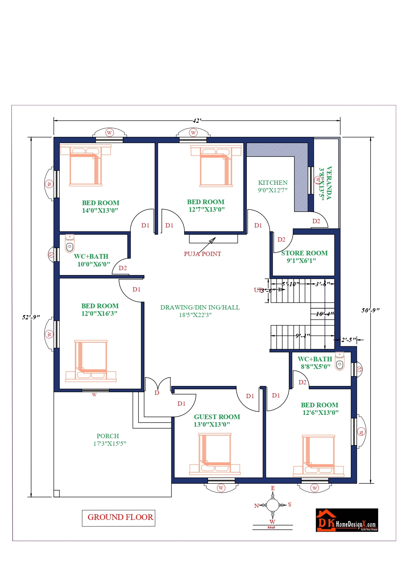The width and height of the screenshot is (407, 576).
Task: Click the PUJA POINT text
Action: (202, 254)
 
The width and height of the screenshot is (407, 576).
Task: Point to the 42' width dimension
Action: (197, 121)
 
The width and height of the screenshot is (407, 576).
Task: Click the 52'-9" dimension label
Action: (31, 317)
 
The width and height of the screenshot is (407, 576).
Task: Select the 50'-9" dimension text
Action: (371, 310)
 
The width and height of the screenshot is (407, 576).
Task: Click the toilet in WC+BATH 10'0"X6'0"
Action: (70, 244)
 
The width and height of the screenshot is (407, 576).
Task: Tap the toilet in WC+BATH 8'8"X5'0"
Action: (340, 361)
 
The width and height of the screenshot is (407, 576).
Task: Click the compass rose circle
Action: (272, 505)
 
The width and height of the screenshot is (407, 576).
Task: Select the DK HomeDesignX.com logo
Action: (347, 520)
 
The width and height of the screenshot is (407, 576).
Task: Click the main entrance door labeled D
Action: (157, 392)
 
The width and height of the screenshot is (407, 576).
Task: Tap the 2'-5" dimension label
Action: (348, 340)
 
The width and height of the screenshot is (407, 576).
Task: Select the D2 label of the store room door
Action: (281, 240)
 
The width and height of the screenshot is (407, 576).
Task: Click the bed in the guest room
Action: (215, 454)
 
